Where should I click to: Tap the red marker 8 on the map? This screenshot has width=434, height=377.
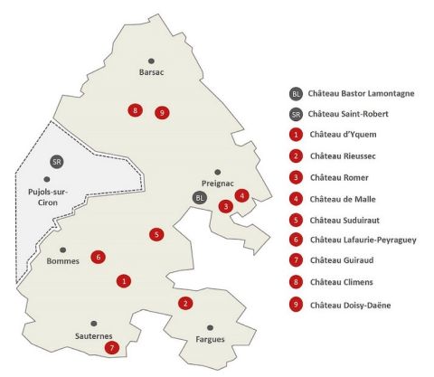[x=135, y=110]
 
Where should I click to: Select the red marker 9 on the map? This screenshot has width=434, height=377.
[x=162, y=113]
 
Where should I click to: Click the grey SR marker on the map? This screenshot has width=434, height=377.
[x=56, y=161]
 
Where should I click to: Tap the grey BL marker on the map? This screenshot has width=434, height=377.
[x=200, y=197]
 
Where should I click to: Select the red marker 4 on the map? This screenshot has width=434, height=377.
[x=241, y=195]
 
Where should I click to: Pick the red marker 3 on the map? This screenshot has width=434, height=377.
[x=225, y=206]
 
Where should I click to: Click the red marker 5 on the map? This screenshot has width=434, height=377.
[x=157, y=235]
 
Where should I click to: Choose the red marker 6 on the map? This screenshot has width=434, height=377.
[x=97, y=257]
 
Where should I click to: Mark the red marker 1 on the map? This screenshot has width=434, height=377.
[x=123, y=281]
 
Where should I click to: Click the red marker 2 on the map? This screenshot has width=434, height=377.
[x=184, y=303]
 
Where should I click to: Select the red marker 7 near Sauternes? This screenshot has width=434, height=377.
[x=112, y=347]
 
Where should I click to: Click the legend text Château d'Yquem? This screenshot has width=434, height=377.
[x=338, y=135]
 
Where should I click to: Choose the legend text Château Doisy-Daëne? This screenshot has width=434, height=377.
[x=350, y=305]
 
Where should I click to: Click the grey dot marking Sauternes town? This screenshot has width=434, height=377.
[x=92, y=323]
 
